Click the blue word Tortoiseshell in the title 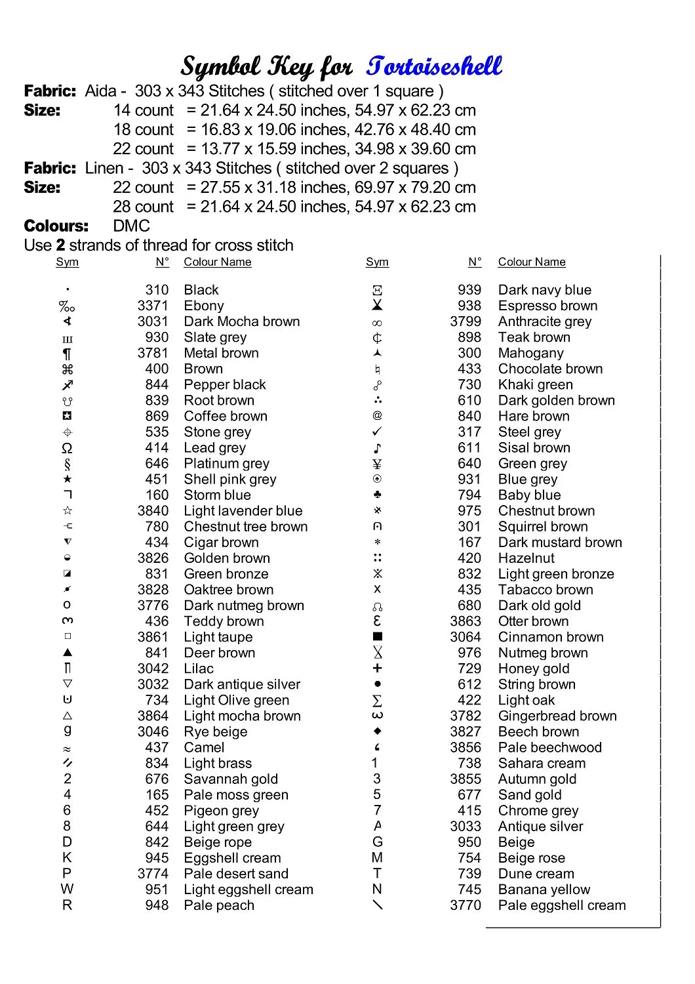tap(434, 66)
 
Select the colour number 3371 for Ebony tap(153, 306)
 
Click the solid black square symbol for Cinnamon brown tap(377, 636)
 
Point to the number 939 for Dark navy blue tap(469, 290)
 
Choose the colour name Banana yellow tap(544, 890)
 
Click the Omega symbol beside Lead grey tap(67, 448)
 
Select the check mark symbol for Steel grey tap(377, 432)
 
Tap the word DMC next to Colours tap(131, 226)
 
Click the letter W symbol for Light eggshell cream tap(67, 890)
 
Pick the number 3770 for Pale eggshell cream tap(466, 905)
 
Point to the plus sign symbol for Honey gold tap(377, 668)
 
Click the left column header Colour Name tap(217, 262)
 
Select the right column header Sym tap(377, 262)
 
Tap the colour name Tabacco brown tap(546, 590)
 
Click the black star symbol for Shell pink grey tap(67, 480)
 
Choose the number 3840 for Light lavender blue tap(153, 511)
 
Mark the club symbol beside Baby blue tap(377, 495)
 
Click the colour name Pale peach tap(219, 905)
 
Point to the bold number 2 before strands tap(60, 245)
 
